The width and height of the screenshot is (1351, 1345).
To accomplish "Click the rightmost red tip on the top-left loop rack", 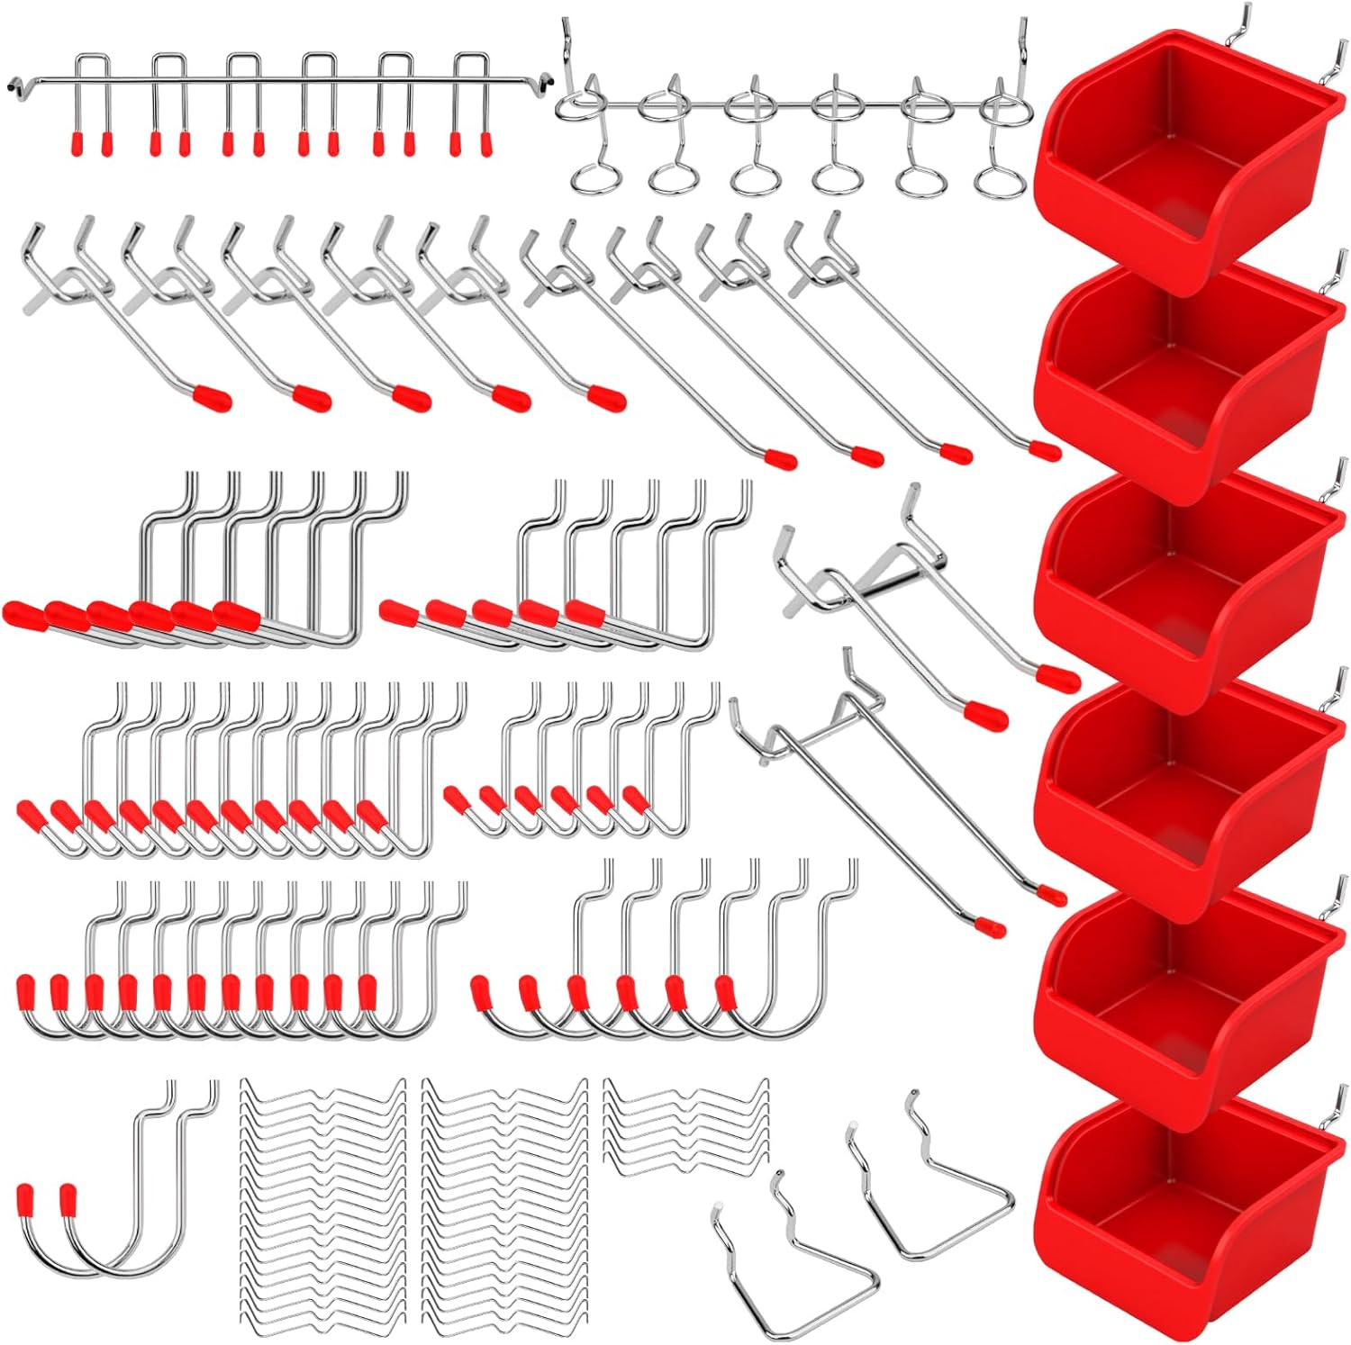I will coord(486,142).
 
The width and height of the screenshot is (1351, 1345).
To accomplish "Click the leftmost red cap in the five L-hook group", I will coord(397,614).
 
